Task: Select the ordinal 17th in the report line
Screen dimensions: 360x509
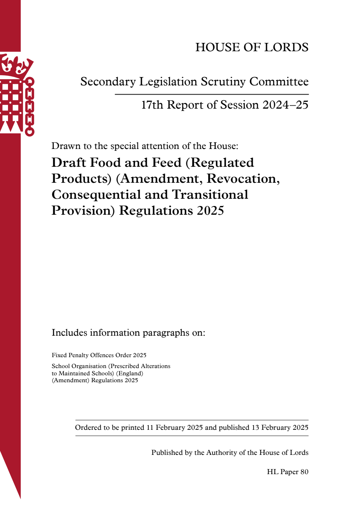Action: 152,105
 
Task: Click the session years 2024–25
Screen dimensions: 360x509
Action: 285,105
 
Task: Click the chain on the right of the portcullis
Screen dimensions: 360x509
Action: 30,107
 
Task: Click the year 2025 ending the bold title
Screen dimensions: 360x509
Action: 210,211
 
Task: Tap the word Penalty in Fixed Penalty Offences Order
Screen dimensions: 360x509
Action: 80,355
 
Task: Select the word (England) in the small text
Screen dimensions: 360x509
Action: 129,373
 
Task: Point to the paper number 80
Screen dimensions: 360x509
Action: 304,472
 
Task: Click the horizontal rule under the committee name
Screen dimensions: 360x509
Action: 211,94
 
